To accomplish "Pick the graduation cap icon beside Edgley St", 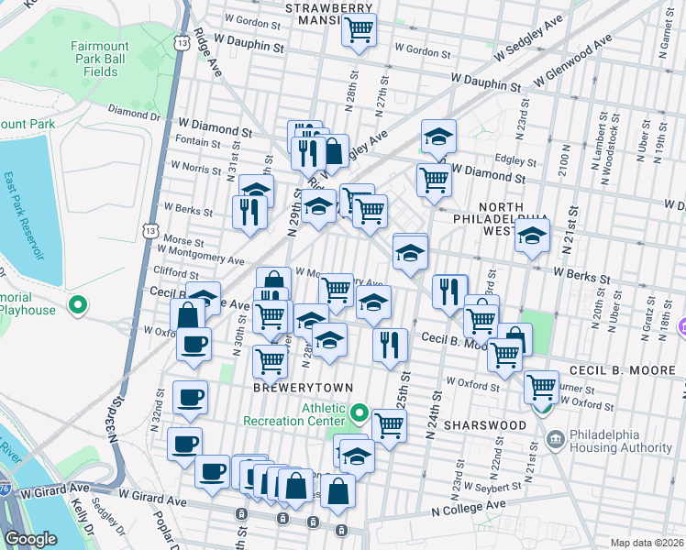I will click(438, 137).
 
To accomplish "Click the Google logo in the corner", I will click(30, 539).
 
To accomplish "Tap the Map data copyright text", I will click(647, 543).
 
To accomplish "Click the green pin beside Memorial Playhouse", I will click(79, 304).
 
